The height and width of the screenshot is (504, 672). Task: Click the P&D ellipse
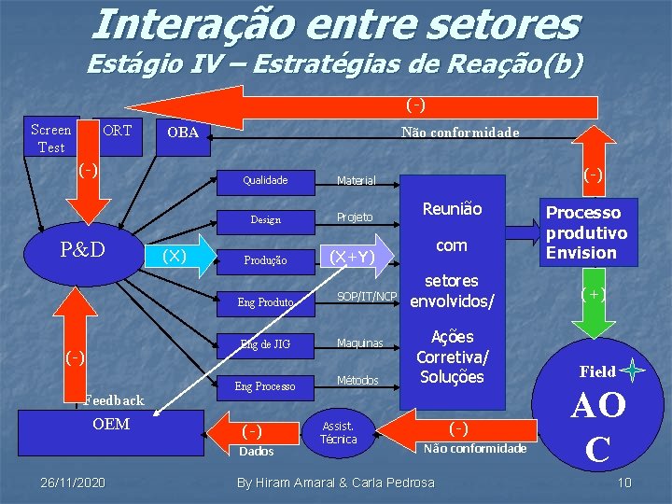tap(82, 250)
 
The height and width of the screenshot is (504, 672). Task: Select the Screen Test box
tap(51, 138)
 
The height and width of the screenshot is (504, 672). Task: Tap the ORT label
tap(117, 131)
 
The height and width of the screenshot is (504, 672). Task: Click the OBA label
tap(182, 133)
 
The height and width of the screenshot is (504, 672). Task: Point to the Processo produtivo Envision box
tap(586, 232)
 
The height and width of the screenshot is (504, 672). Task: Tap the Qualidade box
tap(265, 180)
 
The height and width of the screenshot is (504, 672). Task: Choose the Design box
tap(265, 220)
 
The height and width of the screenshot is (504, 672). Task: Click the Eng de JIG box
tap(265, 344)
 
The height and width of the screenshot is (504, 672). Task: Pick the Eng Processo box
tap(265, 385)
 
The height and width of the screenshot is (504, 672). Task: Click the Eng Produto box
tap(265, 302)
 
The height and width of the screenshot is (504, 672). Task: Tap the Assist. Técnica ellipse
tap(338, 433)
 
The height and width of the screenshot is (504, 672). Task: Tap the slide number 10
tap(625, 482)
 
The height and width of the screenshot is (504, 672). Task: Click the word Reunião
tap(452, 209)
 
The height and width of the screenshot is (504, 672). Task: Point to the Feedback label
tap(113, 400)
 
